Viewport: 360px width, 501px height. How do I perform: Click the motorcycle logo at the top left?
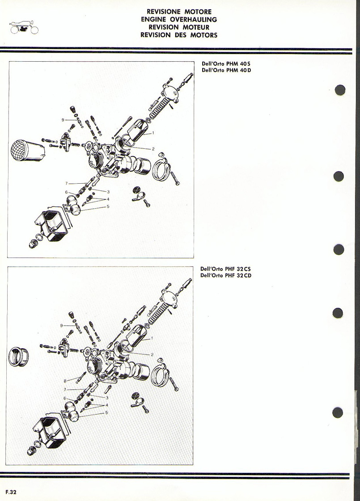pos(24,28)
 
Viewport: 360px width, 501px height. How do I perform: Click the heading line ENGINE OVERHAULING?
pos(179,19)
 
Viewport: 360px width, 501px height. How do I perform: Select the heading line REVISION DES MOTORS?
pos(179,35)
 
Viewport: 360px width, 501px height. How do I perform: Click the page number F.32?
pos(11,492)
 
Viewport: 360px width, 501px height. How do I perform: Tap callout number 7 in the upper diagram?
pos(67,183)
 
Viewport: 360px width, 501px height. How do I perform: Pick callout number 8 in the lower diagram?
pos(65,381)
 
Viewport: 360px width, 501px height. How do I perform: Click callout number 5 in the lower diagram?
pos(106,413)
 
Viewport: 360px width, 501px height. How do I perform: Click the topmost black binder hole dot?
pos(340,89)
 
